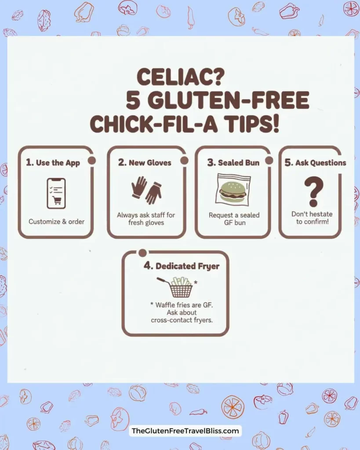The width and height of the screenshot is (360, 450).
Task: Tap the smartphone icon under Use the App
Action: tap(56, 193)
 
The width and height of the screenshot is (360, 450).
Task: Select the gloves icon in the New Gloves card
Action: tap(146, 190)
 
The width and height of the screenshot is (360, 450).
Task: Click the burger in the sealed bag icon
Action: tap(233, 189)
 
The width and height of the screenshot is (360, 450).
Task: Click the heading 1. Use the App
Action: tap(53, 163)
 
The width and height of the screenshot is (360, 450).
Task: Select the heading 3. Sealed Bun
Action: tap(233, 163)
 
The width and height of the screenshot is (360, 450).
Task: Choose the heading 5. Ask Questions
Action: tap(315, 163)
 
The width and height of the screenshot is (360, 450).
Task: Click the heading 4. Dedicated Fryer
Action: tap(175, 266)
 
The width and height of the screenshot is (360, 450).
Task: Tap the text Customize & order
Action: tap(56, 221)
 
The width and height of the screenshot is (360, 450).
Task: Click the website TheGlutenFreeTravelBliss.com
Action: tap(185, 431)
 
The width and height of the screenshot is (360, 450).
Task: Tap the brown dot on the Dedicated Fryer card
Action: tap(142, 252)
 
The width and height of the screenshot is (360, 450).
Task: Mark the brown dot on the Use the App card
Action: tap(91, 160)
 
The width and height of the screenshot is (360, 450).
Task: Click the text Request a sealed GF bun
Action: tap(234, 219)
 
